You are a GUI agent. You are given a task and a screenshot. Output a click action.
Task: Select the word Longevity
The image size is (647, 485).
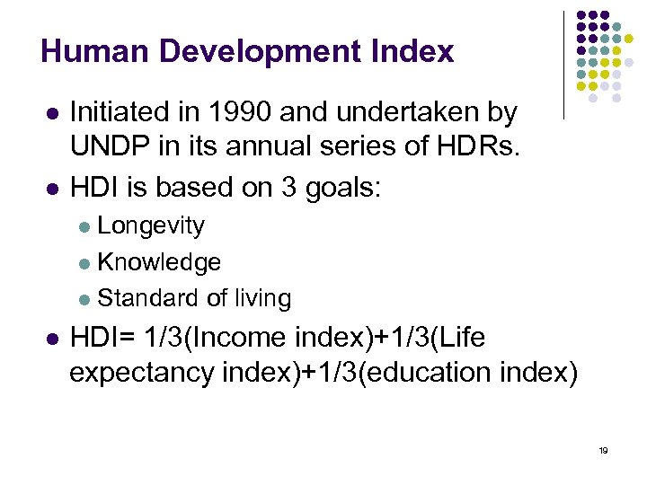pos(151,225)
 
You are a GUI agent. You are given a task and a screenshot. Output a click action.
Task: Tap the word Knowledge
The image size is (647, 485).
pos(159,261)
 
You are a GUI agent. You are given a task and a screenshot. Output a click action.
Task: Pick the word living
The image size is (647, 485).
pos(261,298)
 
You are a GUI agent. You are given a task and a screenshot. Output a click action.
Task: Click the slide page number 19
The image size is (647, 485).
pos(603,450)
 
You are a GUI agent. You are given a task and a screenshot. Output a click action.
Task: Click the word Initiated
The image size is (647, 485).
pos(114,112)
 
